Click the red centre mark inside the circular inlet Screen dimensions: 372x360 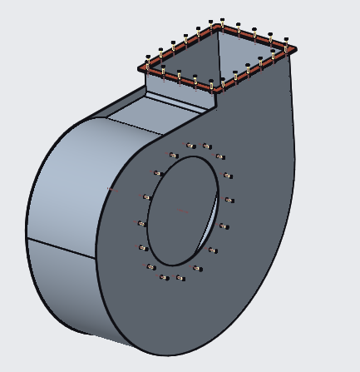tap(185, 211)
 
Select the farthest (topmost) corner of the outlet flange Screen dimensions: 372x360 tap(218, 24)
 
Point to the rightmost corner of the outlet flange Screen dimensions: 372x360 tap(293, 48)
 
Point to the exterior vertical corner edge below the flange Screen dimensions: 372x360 tap(216, 101)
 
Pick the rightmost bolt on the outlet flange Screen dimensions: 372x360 tap(286, 47)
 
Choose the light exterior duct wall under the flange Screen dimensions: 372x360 tap(179, 92)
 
